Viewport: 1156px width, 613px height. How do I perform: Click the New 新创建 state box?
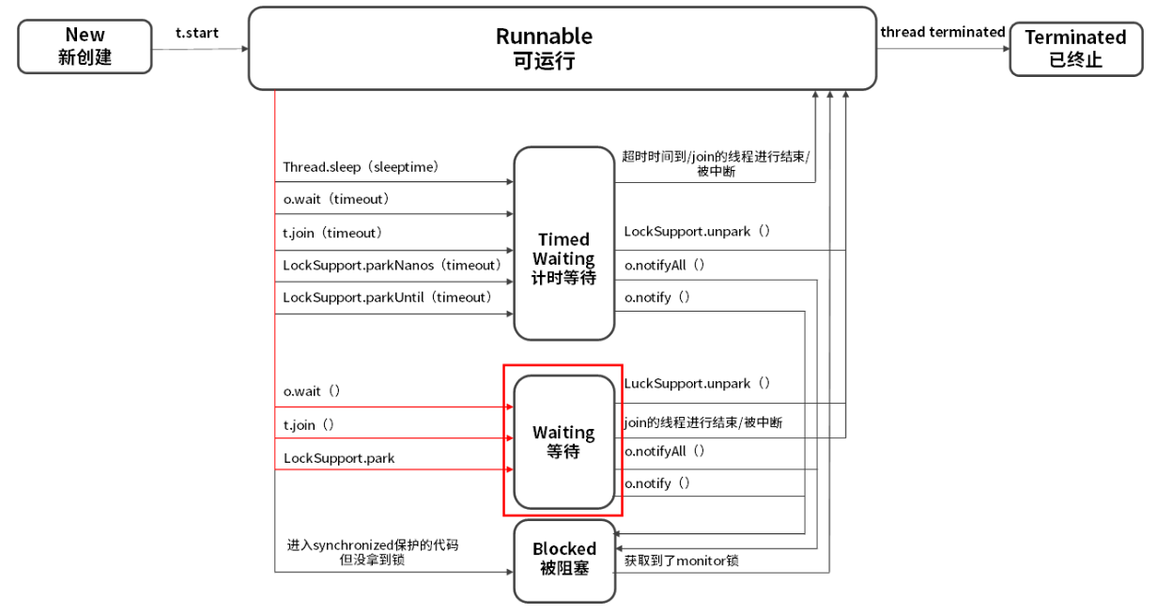(x=85, y=46)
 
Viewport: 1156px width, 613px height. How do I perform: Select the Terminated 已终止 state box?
(x=1076, y=49)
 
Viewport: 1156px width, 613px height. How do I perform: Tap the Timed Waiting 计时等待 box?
(x=564, y=243)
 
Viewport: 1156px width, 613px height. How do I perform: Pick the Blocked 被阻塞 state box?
(x=564, y=560)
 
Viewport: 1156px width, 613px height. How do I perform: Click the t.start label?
(x=196, y=33)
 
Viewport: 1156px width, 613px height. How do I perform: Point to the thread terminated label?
(x=942, y=32)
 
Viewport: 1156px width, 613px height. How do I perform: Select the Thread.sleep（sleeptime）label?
(x=361, y=167)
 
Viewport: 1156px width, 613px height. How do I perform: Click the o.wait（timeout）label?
(x=336, y=199)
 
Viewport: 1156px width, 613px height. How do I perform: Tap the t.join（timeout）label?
(x=332, y=233)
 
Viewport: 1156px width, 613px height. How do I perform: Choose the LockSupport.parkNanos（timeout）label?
(x=393, y=266)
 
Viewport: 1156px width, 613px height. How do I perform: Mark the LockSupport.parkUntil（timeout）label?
(x=387, y=298)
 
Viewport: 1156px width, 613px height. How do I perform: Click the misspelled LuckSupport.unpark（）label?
(x=697, y=383)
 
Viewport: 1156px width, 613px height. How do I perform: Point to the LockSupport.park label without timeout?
(x=339, y=458)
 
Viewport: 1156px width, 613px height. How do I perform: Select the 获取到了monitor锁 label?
(x=681, y=560)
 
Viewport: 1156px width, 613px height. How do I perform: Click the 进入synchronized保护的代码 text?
(x=373, y=544)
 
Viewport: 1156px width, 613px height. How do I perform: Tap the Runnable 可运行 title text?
(x=544, y=48)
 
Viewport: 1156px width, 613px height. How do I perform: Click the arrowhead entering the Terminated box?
(x=1007, y=49)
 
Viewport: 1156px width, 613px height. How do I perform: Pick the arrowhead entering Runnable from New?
(x=245, y=49)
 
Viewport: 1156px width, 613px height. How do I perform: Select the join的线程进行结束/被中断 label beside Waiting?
(x=702, y=422)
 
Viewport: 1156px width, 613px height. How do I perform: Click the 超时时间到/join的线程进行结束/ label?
(x=716, y=157)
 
